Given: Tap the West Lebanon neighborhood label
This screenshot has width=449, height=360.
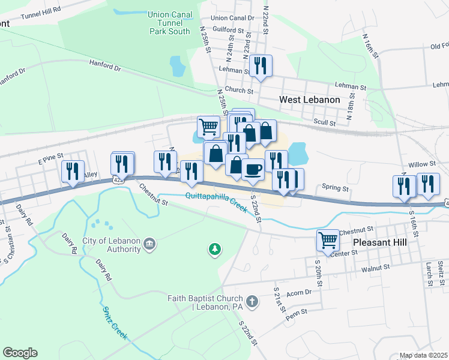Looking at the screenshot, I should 310,100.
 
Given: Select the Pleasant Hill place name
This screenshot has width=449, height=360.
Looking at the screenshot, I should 380,242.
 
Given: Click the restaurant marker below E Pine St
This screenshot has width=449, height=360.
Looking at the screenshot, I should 71,172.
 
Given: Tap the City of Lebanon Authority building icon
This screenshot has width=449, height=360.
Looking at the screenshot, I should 149,243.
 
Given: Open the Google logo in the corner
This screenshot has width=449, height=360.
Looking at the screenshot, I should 20,353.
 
